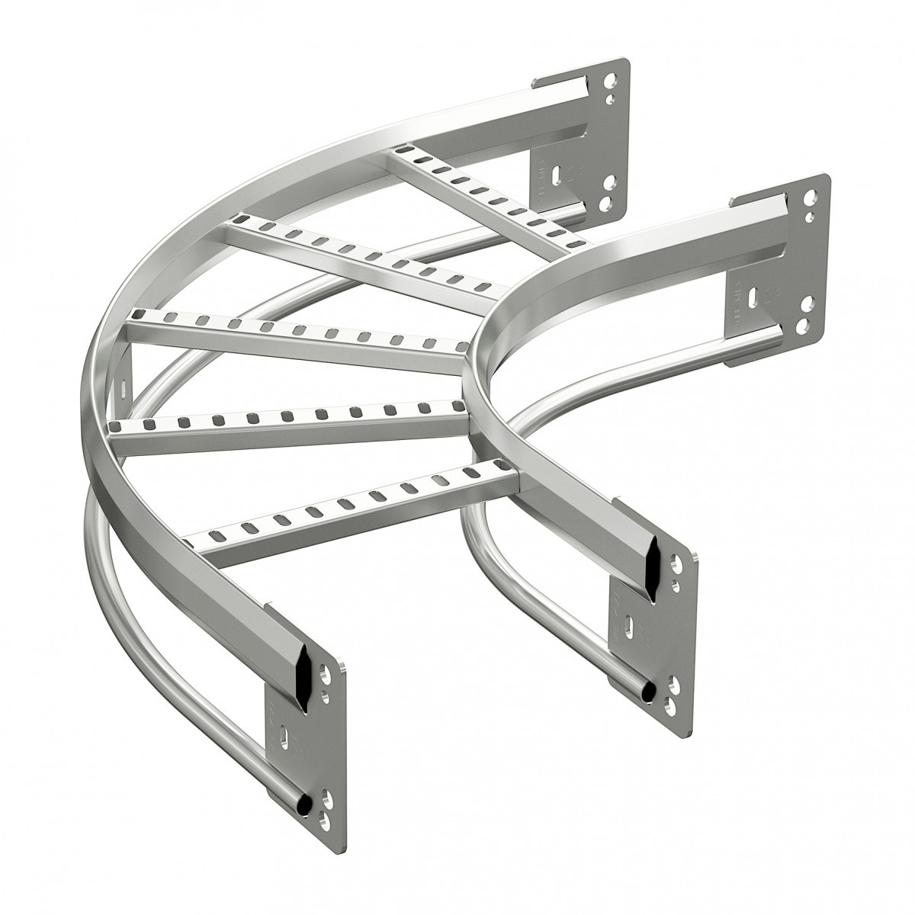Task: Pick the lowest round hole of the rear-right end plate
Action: (801, 327)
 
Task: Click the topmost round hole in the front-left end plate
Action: (326, 675)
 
